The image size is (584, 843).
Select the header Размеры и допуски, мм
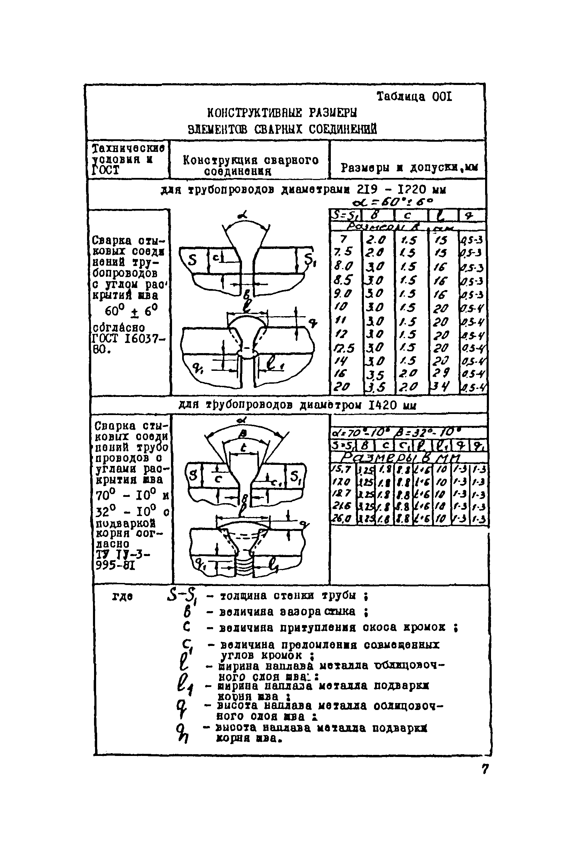coord(410,167)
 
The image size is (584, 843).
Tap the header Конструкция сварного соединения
coord(250,165)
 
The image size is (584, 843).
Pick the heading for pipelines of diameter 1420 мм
coord(297,405)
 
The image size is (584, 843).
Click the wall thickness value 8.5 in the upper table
coord(343,280)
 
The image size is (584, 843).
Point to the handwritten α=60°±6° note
coord(392,202)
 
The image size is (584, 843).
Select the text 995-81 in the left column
coord(115,566)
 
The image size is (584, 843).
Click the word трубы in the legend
coord(338,596)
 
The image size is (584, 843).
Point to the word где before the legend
coord(122,597)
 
